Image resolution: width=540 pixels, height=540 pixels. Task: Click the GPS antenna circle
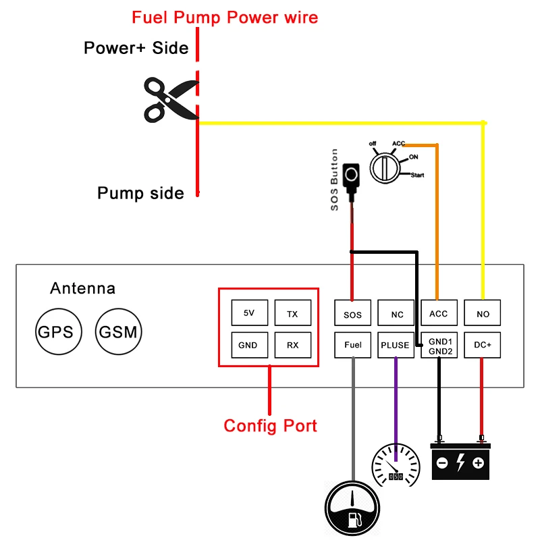pos(55,332)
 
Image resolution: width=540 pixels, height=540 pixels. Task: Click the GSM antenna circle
pos(118,332)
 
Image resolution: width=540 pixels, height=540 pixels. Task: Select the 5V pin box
pos(249,313)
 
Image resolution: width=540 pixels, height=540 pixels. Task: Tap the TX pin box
pos(292,313)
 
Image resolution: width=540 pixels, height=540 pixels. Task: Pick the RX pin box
pos(292,345)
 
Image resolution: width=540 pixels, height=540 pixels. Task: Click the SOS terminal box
pos(352,313)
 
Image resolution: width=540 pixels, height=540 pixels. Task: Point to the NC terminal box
pos(396,313)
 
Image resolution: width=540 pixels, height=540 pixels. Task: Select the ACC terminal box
pos(439,313)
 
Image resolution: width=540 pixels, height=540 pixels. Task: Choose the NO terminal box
pos(483,313)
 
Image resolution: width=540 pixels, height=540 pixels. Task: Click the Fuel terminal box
pos(352,345)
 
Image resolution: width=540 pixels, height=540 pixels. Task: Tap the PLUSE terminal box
pos(396,345)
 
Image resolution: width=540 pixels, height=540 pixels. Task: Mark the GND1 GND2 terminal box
pos(439,345)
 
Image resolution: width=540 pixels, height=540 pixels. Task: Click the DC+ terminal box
pos(483,345)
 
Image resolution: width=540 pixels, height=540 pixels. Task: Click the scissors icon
pos(169,100)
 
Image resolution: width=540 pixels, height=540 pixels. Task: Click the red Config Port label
pos(270,426)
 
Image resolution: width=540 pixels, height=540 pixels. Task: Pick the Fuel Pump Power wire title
pos(225,18)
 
